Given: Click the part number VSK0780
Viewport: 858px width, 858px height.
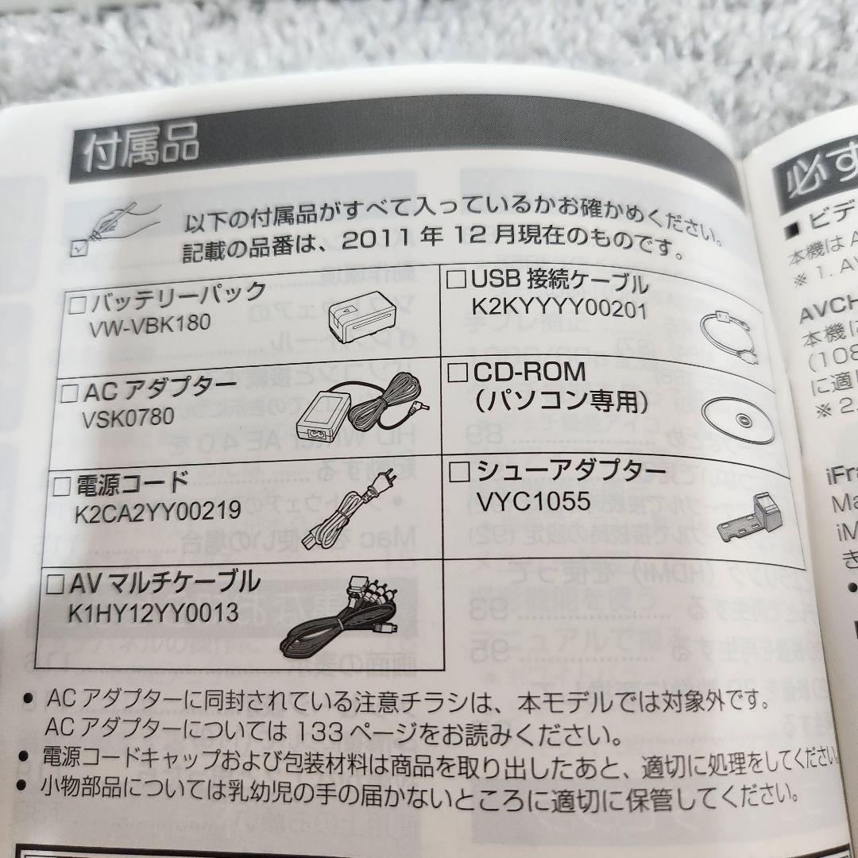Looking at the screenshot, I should pos(127,416).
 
